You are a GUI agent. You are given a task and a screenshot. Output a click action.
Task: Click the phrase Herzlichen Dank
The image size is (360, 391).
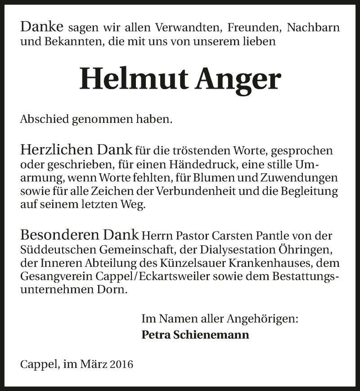[76, 150]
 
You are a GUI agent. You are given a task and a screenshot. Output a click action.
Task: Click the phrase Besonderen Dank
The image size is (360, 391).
[80, 235]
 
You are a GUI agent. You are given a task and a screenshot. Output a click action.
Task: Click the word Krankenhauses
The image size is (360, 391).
[275, 263]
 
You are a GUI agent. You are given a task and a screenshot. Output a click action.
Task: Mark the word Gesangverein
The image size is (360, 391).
[49, 277]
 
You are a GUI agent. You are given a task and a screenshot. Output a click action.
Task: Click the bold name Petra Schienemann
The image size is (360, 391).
[195, 335]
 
